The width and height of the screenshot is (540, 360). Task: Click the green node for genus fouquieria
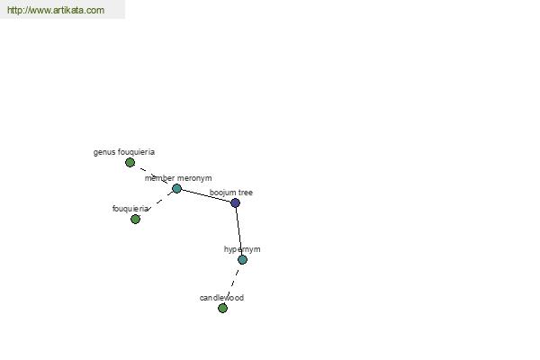click(130, 162)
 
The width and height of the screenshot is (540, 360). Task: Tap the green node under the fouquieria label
click(135, 219)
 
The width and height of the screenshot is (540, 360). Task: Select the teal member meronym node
click(176, 188)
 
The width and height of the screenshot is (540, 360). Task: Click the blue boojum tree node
click(235, 202)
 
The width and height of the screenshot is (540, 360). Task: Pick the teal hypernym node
click(242, 259)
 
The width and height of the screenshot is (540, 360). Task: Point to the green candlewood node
click(223, 308)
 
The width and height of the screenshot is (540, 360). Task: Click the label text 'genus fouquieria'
click(124, 152)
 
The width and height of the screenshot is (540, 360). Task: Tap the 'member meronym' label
click(178, 178)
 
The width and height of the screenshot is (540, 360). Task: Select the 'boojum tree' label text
click(231, 193)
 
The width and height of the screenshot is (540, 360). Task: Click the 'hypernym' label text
click(242, 249)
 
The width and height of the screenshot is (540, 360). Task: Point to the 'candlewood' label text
click(221, 298)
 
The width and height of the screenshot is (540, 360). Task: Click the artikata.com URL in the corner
click(56, 10)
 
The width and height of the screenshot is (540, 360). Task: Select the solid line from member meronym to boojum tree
click(206, 195)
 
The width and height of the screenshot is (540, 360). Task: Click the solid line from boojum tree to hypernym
click(239, 230)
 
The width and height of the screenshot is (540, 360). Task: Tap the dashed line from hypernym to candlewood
click(233, 283)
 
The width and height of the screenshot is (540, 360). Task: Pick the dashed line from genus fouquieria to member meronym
click(153, 175)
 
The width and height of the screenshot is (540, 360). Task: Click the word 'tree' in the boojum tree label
click(245, 193)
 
